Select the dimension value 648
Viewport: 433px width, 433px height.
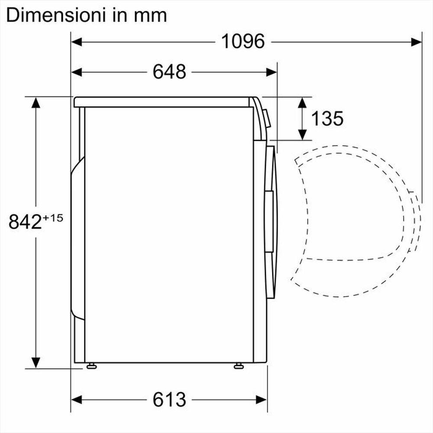pyautogui.click(x=169, y=72)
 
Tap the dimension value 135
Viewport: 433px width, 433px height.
pyautogui.click(x=327, y=118)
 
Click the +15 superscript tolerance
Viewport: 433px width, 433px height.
pyautogui.click(x=53, y=217)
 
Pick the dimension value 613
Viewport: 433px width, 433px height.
pyautogui.click(x=169, y=399)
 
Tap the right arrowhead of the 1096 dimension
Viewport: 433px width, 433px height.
pyautogui.click(x=417, y=42)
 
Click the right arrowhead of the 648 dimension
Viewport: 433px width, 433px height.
pyautogui.click(x=271, y=72)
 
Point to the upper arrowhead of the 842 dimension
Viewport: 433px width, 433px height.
pyautogui.click(x=36, y=103)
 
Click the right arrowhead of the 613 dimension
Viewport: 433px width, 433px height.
pyautogui.click(x=262, y=399)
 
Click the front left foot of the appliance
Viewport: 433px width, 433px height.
pyautogui.click(x=91, y=366)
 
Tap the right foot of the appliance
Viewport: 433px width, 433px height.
pyautogui.click(x=238, y=366)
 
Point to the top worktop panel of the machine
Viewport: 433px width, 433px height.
pyautogui.click(x=162, y=102)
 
